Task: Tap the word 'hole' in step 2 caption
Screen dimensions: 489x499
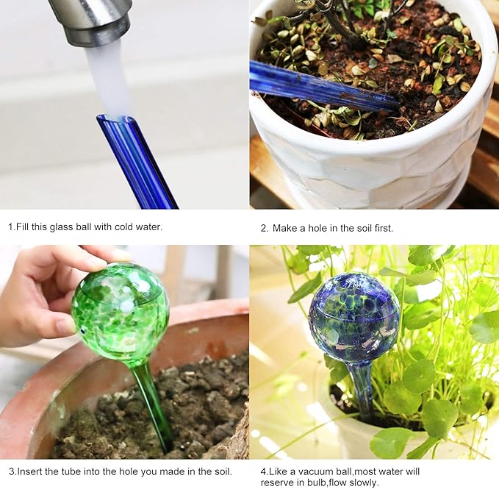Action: click(x=315, y=228)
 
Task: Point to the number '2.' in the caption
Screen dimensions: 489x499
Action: click(x=265, y=228)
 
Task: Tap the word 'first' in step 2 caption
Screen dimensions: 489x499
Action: click(x=382, y=228)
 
